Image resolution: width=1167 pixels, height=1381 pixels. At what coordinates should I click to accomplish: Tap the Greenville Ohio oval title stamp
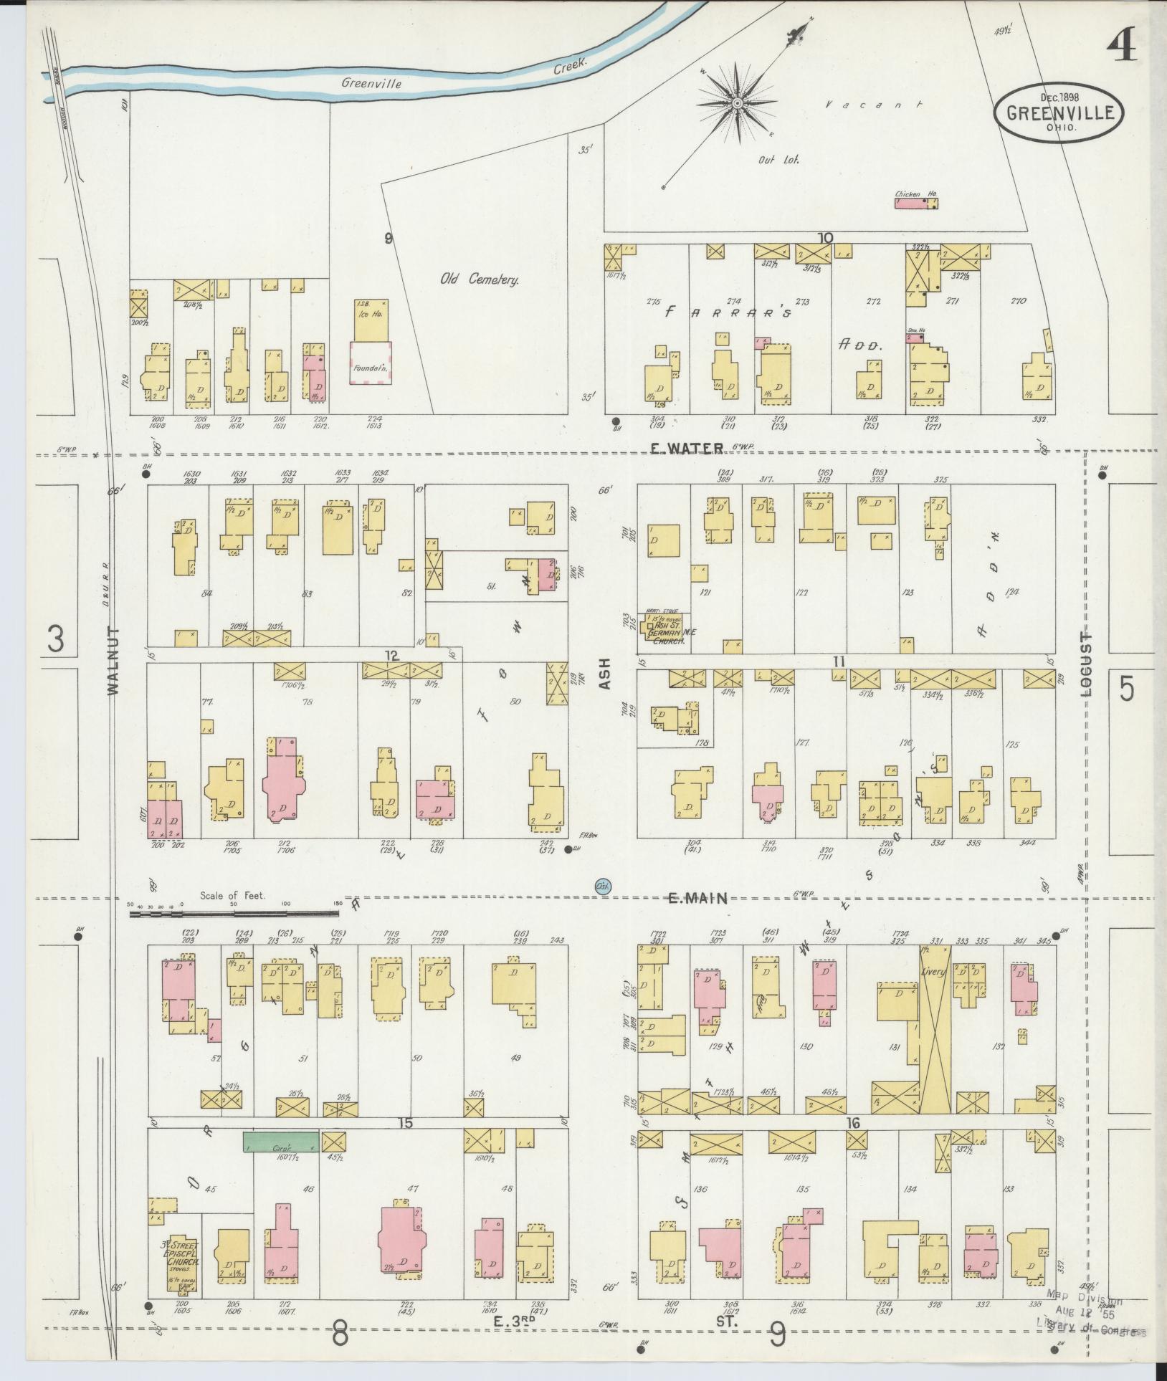click(1058, 114)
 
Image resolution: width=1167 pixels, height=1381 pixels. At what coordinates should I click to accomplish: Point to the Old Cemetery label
click(479, 279)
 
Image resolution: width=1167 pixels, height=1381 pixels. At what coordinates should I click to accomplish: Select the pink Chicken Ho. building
click(915, 204)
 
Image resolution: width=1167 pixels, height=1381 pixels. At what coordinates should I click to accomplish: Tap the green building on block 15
click(280, 1142)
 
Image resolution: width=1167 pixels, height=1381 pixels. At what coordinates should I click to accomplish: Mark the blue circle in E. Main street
click(603, 887)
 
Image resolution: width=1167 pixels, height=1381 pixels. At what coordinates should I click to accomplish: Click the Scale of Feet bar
click(233, 914)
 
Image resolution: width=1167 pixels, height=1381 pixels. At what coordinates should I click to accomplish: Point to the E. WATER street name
click(686, 448)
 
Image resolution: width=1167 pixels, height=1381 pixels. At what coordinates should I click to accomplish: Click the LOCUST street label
click(1084, 666)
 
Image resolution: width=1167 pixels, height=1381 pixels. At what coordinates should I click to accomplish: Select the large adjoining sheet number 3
click(55, 639)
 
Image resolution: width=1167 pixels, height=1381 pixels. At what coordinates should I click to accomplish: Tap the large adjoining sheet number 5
click(1127, 689)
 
